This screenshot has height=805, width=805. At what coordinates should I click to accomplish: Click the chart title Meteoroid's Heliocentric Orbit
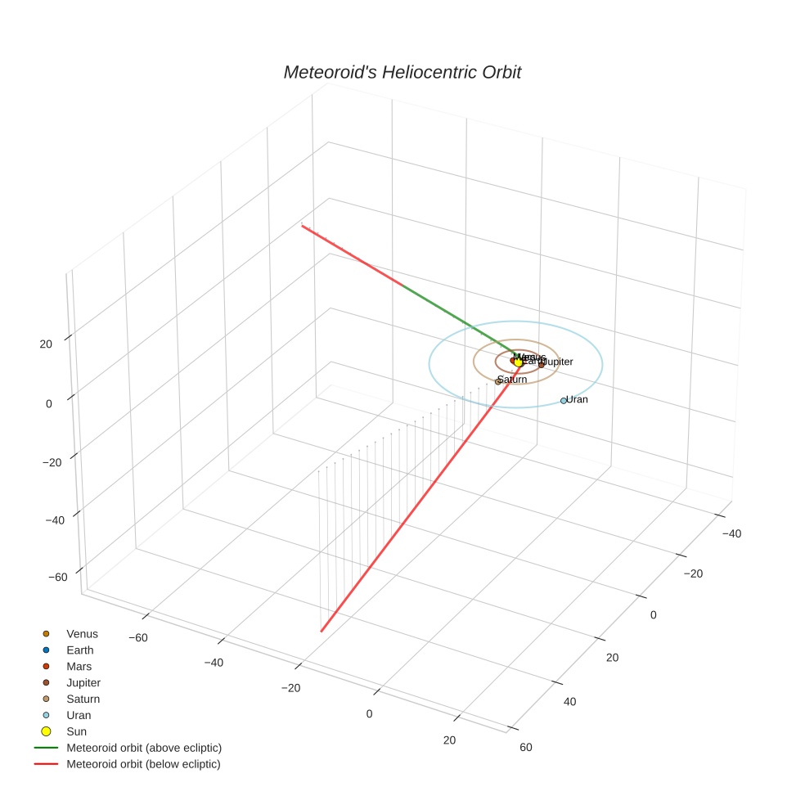pyautogui.click(x=402, y=72)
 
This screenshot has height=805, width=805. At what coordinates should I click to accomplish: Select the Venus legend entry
pyautogui.click(x=82, y=634)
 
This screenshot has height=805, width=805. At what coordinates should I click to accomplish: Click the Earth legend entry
pyautogui.click(x=80, y=650)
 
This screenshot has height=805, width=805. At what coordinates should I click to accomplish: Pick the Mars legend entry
pyautogui.click(x=79, y=667)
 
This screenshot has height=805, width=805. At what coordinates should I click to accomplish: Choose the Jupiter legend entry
pyautogui.click(x=83, y=683)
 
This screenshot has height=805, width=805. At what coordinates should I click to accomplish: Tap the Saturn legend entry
pyautogui.click(x=83, y=699)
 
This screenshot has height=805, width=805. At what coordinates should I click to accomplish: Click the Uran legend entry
pyautogui.click(x=79, y=715)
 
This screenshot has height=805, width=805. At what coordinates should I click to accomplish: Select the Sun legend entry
pyautogui.click(x=77, y=731)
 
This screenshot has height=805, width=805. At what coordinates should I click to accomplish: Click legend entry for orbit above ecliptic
pyautogui.click(x=144, y=748)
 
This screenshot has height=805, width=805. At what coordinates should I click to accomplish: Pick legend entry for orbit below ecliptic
pyautogui.click(x=144, y=764)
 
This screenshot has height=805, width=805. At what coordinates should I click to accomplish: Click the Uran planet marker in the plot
pyautogui.click(x=564, y=401)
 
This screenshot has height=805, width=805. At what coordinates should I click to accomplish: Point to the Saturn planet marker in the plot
pyautogui.click(x=498, y=381)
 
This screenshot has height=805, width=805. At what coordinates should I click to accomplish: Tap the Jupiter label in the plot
pyautogui.click(x=559, y=362)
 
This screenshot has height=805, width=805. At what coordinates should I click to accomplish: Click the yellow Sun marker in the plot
pyautogui.click(x=519, y=362)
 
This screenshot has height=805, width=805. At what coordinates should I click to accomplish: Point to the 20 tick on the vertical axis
pyautogui.click(x=46, y=344)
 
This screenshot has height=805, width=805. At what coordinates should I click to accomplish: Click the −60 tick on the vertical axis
pyautogui.click(x=57, y=578)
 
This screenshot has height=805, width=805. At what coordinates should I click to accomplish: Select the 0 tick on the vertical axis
pyautogui.click(x=48, y=403)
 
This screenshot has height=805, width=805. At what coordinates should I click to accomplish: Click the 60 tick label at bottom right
pyautogui.click(x=526, y=747)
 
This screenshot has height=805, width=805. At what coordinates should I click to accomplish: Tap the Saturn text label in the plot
pyautogui.click(x=513, y=380)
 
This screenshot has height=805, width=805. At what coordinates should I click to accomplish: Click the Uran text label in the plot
pyautogui.click(x=578, y=400)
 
